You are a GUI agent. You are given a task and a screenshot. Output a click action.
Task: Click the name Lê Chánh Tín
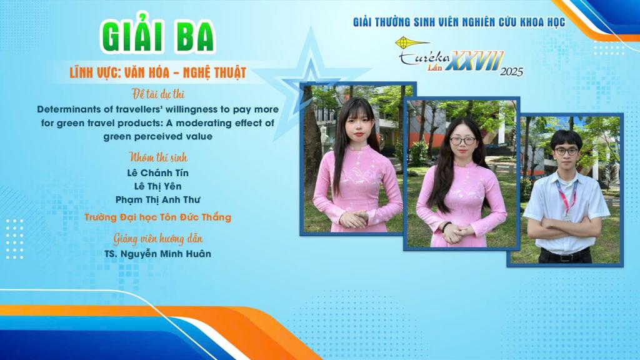pos(158,173)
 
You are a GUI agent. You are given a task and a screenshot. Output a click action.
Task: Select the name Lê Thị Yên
pos(158,186)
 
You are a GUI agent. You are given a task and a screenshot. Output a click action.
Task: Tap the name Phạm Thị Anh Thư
pos(158,200)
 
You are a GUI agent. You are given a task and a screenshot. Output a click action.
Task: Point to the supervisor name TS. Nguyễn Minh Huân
pos(158,254)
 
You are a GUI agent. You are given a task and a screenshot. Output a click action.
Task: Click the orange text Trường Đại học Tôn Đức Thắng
pos(158,217)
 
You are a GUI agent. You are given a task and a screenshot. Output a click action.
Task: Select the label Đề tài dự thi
pos(158,94)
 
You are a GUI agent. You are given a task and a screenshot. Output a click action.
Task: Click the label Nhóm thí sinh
pos(158,157)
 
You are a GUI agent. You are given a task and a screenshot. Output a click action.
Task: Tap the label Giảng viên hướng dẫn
pos(158,238)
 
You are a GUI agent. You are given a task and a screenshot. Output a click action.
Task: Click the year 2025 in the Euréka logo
pos(511,72)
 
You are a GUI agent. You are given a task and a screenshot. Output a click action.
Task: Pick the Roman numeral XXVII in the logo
pos(475,61)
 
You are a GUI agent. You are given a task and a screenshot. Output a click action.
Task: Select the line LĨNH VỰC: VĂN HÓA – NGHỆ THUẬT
pos(158,72)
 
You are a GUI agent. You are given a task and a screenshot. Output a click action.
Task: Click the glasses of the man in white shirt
pos(566,151)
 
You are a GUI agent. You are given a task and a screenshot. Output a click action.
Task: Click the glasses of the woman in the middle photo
pos(463,141)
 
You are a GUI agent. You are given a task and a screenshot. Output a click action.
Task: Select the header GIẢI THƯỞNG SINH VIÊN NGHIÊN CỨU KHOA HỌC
pos(459,22)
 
